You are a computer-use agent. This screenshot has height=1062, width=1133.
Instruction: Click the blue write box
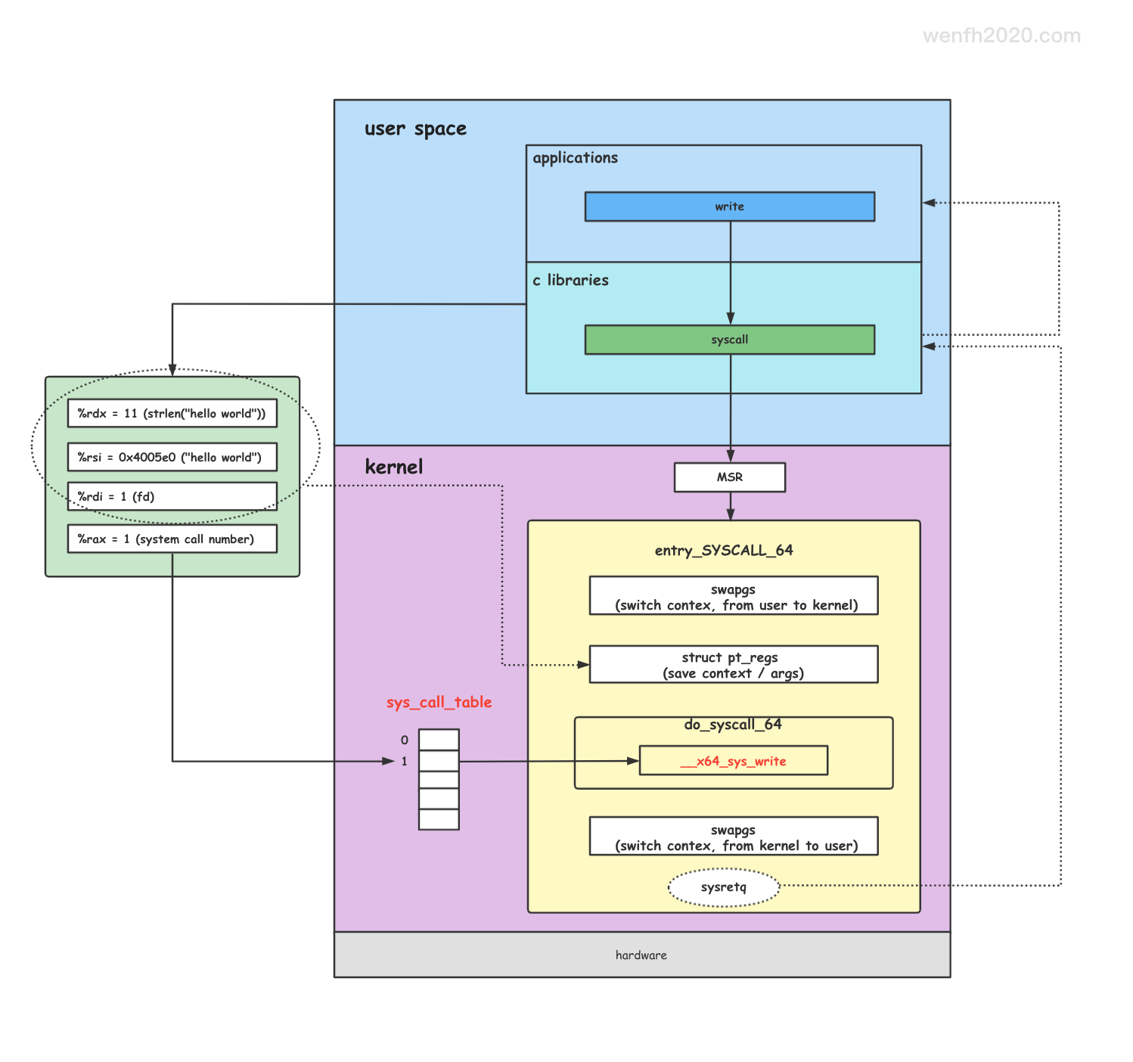point(729,206)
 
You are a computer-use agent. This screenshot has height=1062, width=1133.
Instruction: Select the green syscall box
point(729,340)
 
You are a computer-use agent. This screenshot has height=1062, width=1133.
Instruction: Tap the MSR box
point(729,477)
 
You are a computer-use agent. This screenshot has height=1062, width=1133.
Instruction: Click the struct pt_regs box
point(733,664)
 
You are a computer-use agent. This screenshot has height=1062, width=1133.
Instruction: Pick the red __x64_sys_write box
point(733,760)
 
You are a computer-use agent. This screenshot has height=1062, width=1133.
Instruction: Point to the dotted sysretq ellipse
point(723,887)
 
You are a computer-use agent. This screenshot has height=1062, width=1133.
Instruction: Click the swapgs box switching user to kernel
point(733,596)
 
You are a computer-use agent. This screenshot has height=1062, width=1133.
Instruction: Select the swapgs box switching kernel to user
point(733,836)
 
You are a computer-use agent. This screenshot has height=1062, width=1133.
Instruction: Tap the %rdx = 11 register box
point(172,413)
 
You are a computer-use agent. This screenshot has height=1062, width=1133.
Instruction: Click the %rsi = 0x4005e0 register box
point(172,457)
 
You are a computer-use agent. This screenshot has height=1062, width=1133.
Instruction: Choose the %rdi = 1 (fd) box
point(172,496)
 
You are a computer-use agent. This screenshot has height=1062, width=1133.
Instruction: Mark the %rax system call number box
point(172,539)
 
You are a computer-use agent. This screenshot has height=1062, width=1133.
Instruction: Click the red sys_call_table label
point(439,702)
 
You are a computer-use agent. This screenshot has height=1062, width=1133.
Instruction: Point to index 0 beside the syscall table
point(405,740)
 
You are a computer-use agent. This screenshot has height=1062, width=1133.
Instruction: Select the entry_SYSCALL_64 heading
point(723,550)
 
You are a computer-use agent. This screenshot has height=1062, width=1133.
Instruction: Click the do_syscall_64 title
point(732,724)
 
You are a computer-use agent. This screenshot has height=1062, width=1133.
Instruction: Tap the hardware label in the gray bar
point(641,955)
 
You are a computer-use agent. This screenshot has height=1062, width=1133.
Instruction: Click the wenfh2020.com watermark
point(1001,36)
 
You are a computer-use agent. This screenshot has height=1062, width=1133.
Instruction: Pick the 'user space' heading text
point(415,129)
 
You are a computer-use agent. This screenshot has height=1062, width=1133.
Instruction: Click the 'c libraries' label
point(570,280)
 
